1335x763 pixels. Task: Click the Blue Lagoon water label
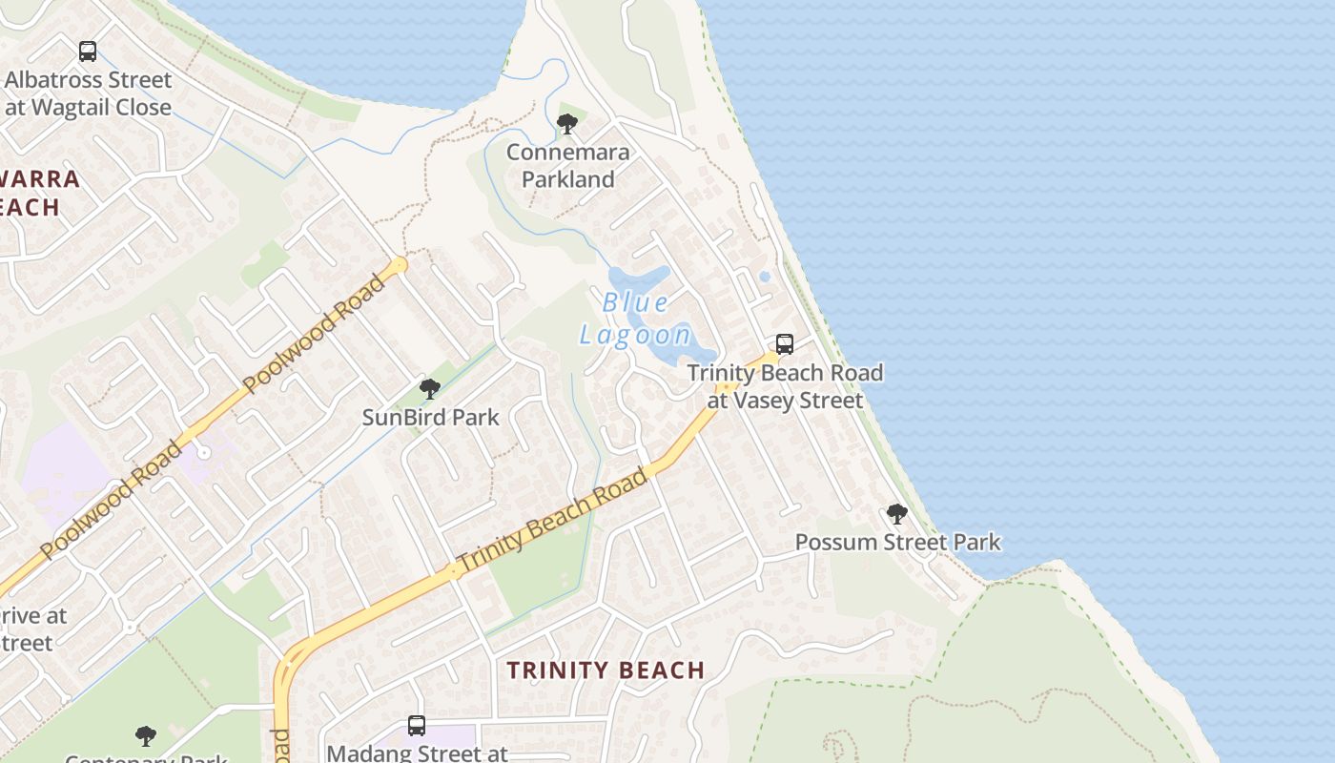[x=635, y=319]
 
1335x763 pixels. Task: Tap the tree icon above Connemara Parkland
[x=567, y=123]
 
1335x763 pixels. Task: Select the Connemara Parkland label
[x=567, y=165]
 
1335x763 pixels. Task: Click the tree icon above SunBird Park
[x=430, y=388]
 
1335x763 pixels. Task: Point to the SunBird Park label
[x=430, y=417]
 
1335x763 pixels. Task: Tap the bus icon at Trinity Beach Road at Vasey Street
[x=785, y=343]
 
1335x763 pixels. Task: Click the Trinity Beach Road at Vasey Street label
[x=785, y=385]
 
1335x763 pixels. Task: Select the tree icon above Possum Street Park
[x=896, y=514]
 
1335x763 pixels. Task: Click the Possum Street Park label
[x=897, y=542]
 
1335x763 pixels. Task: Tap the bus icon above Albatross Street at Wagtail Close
[x=88, y=52]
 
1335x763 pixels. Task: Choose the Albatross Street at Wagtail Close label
[x=88, y=93]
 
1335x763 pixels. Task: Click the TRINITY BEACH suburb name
[x=606, y=670]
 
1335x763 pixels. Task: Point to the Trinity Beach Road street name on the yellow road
[x=552, y=520]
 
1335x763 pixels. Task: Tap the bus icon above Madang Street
[x=417, y=725]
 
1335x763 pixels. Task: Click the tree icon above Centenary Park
[x=145, y=735]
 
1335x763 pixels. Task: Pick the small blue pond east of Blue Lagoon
[x=765, y=278]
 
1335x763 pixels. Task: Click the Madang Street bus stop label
[x=417, y=753]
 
